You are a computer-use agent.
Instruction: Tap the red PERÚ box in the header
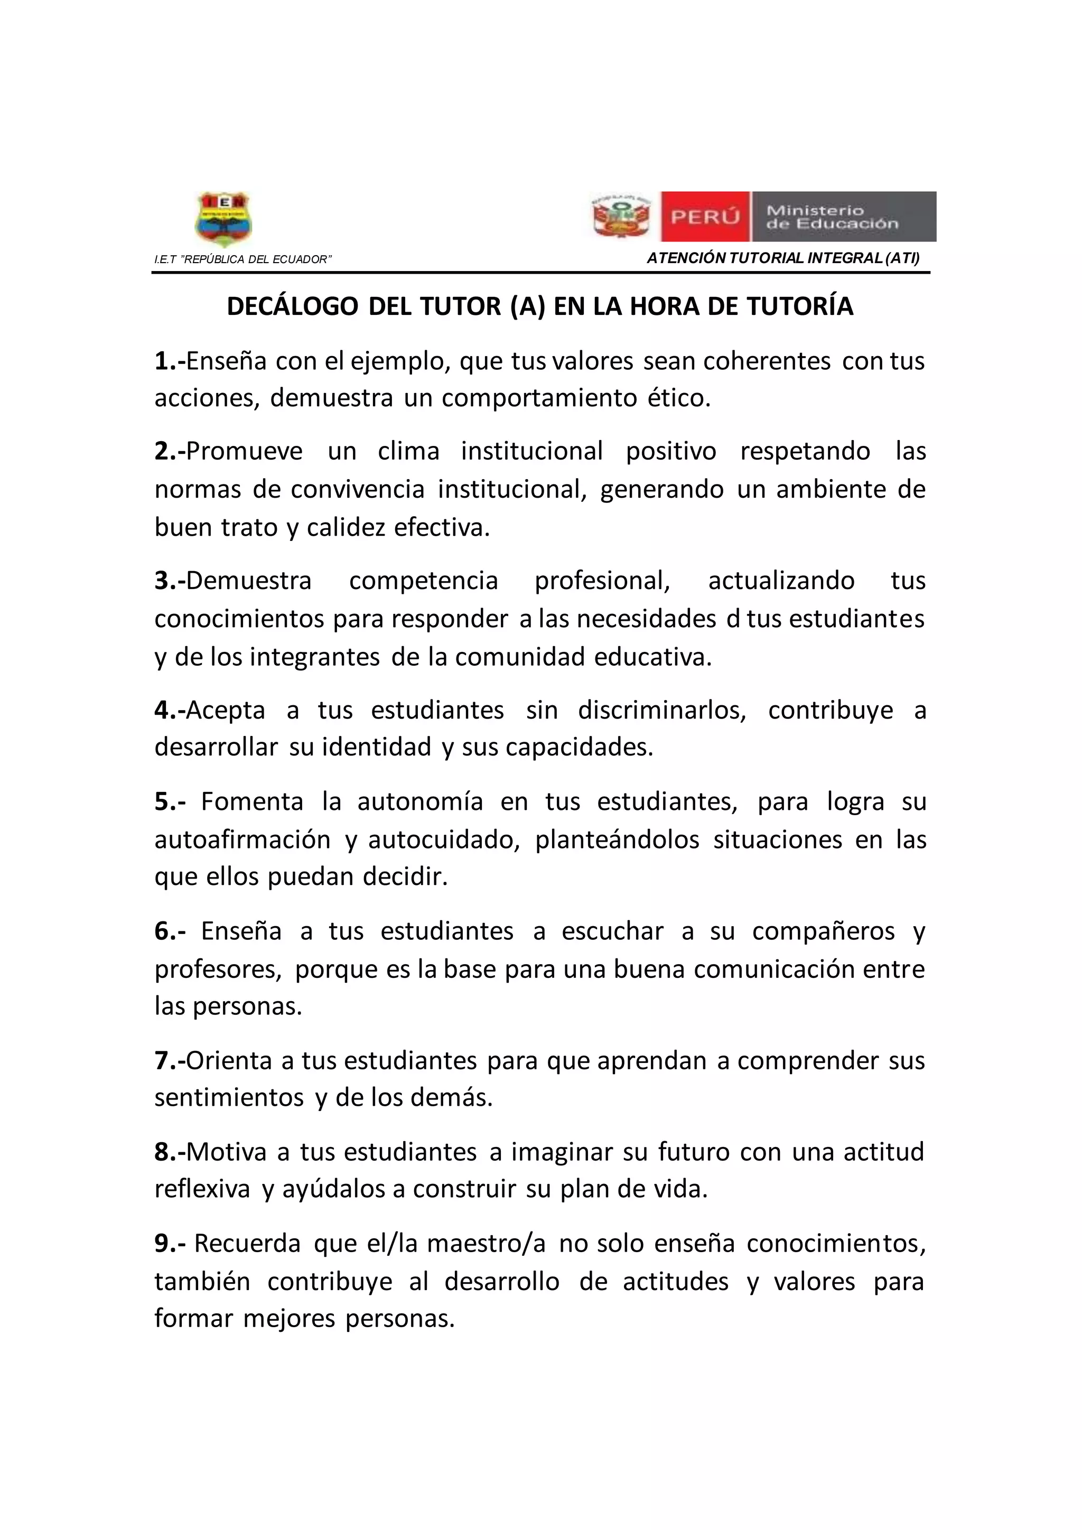click(x=705, y=217)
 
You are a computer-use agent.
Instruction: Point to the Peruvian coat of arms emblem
click(x=621, y=217)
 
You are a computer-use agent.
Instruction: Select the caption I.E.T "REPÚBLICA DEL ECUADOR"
click(x=242, y=259)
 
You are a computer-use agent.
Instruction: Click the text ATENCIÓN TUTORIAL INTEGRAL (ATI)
click(x=783, y=258)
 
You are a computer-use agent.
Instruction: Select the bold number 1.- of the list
click(x=169, y=361)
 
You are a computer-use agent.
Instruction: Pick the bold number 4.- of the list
click(x=169, y=711)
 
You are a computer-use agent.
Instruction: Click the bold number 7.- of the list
click(x=169, y=1060)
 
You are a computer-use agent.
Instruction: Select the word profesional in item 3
click(x=602, y=581)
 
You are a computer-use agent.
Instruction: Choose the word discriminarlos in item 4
click(x=661, y=711)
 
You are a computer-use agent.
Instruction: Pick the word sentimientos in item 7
click(x=229, y=1097)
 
